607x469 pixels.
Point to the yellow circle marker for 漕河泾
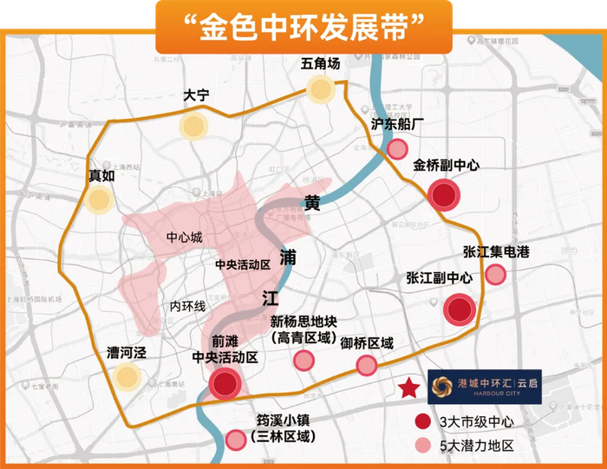127,376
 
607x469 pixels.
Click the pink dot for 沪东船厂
397,149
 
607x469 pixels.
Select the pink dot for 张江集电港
496,275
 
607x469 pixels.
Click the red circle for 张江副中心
459,309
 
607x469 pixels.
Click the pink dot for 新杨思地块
303,361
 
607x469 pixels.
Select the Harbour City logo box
485,387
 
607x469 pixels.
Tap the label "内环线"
186,306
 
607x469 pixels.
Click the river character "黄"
313,204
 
